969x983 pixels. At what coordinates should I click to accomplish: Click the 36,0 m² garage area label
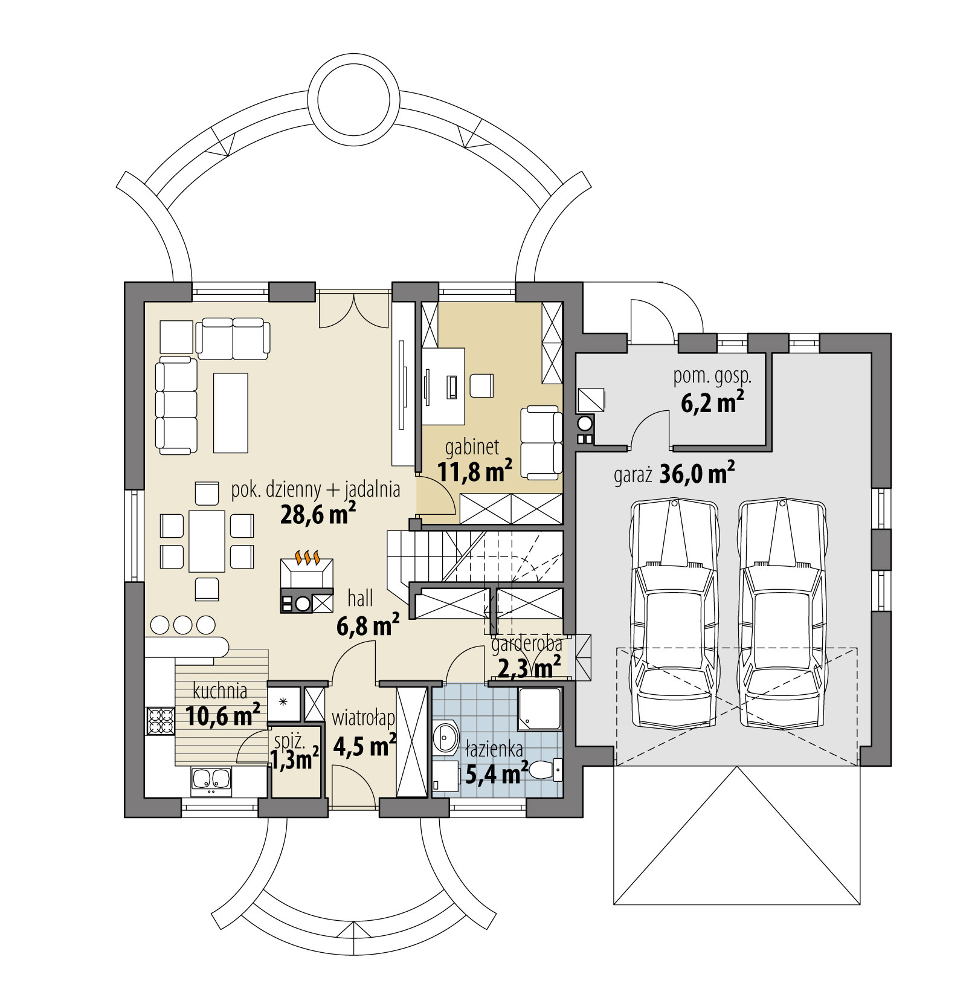click(697, 474)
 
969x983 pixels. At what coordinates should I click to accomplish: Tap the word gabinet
click(472, 447)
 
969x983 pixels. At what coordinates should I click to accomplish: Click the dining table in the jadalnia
click(207, 541)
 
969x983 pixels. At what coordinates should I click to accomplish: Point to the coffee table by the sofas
click(231, 413)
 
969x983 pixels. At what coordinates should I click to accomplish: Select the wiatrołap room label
click(363, 718)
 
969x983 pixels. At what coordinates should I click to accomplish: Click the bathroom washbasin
click(446, 737)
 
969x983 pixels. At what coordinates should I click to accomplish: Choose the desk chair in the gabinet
click(481, 385)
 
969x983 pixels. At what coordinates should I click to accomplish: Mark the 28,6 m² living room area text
click(318, 514)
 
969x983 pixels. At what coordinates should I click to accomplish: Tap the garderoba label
click(526, 645)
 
